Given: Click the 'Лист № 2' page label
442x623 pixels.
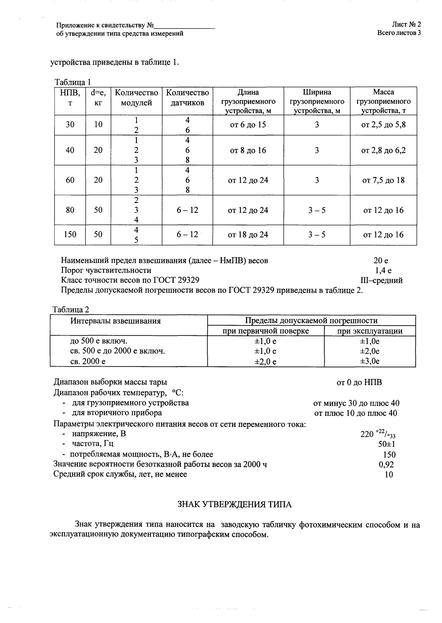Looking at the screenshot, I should point(406,24).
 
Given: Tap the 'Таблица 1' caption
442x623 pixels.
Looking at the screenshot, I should point(73,82).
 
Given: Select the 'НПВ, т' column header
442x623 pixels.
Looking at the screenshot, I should point(70,97).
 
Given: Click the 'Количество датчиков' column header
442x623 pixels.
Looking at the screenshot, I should point(187,97).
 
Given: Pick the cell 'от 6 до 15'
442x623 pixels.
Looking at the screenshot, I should point(248,125).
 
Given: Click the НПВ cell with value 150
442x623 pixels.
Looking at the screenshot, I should point(70,235).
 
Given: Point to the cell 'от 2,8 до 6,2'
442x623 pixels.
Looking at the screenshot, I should point(383,150).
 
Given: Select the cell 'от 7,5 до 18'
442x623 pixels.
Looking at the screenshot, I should point(383,180).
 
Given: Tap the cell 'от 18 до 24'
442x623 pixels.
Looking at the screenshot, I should point(248,235).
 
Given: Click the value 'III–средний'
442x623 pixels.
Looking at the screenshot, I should point(381,280).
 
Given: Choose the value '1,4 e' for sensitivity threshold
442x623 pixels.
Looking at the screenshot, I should point(383,270).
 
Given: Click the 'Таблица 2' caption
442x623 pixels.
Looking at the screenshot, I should point(71,310).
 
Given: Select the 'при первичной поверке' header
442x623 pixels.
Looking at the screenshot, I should point(266,331).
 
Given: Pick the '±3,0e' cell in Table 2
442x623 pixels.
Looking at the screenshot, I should point(369,361).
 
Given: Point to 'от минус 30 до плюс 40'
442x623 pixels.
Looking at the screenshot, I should point(356,403).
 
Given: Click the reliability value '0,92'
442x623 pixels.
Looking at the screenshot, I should point(386,464).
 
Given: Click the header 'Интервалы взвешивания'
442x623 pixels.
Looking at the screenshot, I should point(115,321).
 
